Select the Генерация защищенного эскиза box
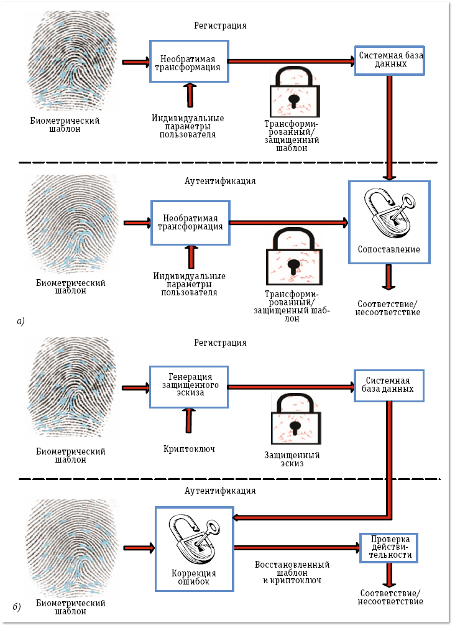(x=190, y=386)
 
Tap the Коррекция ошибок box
(x=193, y=547)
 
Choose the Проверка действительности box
(x=388, y=547)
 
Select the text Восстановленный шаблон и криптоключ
(x=292, y=572)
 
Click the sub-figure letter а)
(x=21, y=321)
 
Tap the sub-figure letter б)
(x=21, y=606)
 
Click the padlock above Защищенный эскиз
(x=295, y=423)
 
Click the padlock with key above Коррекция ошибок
(x=194, y=536)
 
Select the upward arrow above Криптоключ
(x=189, y=420)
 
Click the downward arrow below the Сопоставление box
(x=388, y=277)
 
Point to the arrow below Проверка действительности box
(x=388, y=575)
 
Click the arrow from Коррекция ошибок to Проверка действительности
(x=295, y=548)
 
